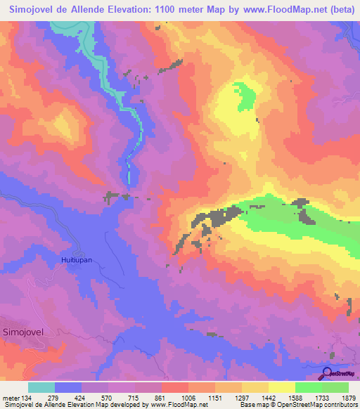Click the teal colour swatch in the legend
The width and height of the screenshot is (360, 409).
[41, 387]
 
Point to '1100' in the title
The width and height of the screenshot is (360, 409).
[165, 11]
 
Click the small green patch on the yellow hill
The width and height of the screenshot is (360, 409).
[245, 95]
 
